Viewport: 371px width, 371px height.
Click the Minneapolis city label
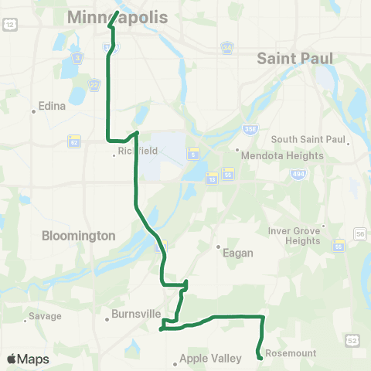117,16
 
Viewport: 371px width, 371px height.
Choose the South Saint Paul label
308,139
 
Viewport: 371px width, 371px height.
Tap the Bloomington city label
80,235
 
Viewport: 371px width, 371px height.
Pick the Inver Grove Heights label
293,235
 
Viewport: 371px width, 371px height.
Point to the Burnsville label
135,315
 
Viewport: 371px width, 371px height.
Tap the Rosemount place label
291,353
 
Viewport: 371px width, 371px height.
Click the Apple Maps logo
28,359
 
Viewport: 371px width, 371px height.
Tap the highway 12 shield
9,26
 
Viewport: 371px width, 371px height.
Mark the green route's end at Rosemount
259,358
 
